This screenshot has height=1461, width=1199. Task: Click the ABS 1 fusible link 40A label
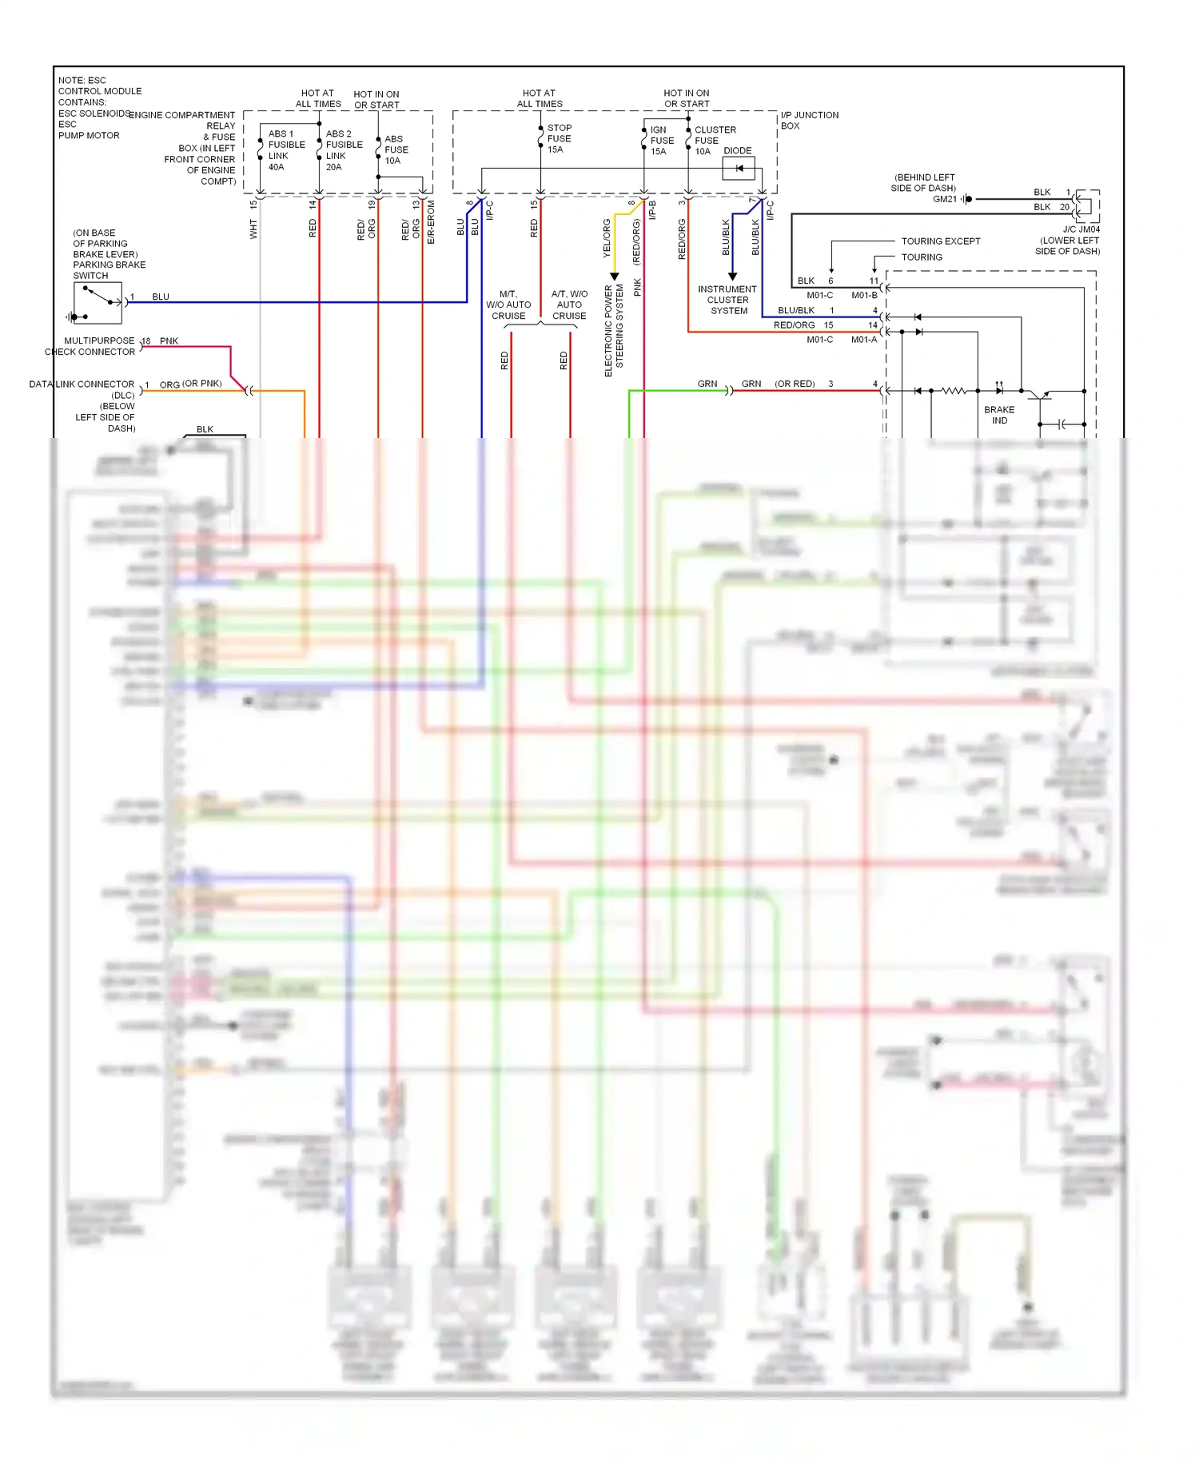point(285,150)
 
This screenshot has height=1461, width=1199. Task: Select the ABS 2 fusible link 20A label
point(344,150)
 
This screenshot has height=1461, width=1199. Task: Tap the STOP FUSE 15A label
point(559,138)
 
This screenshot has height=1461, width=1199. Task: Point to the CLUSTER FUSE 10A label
point(713,140)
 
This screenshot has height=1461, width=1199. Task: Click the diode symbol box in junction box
point(739,168)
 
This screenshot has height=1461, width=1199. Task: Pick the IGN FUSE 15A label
point(661,140)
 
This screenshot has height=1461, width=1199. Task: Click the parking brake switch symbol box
point(98,303)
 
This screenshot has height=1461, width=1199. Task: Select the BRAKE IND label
point(999,415)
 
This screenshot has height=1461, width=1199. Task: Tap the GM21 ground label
point(945,199)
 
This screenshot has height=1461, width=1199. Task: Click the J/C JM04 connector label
point(1081,229)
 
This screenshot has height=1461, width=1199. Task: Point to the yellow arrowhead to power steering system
point(615,277)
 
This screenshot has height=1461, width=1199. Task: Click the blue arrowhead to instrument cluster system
point(732,277)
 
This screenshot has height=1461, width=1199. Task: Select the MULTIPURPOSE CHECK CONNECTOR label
point(90,346)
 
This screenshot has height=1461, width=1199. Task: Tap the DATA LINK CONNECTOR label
point(82,384)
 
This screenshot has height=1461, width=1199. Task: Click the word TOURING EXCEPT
point(940,241)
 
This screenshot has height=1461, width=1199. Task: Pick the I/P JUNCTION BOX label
point(808,120)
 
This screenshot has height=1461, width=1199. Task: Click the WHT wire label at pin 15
point(253,230)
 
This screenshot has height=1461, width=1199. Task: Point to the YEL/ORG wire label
point(607,237)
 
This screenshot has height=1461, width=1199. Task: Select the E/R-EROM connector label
point(431,222)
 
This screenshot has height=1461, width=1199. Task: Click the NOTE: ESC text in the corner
point(82,80)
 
